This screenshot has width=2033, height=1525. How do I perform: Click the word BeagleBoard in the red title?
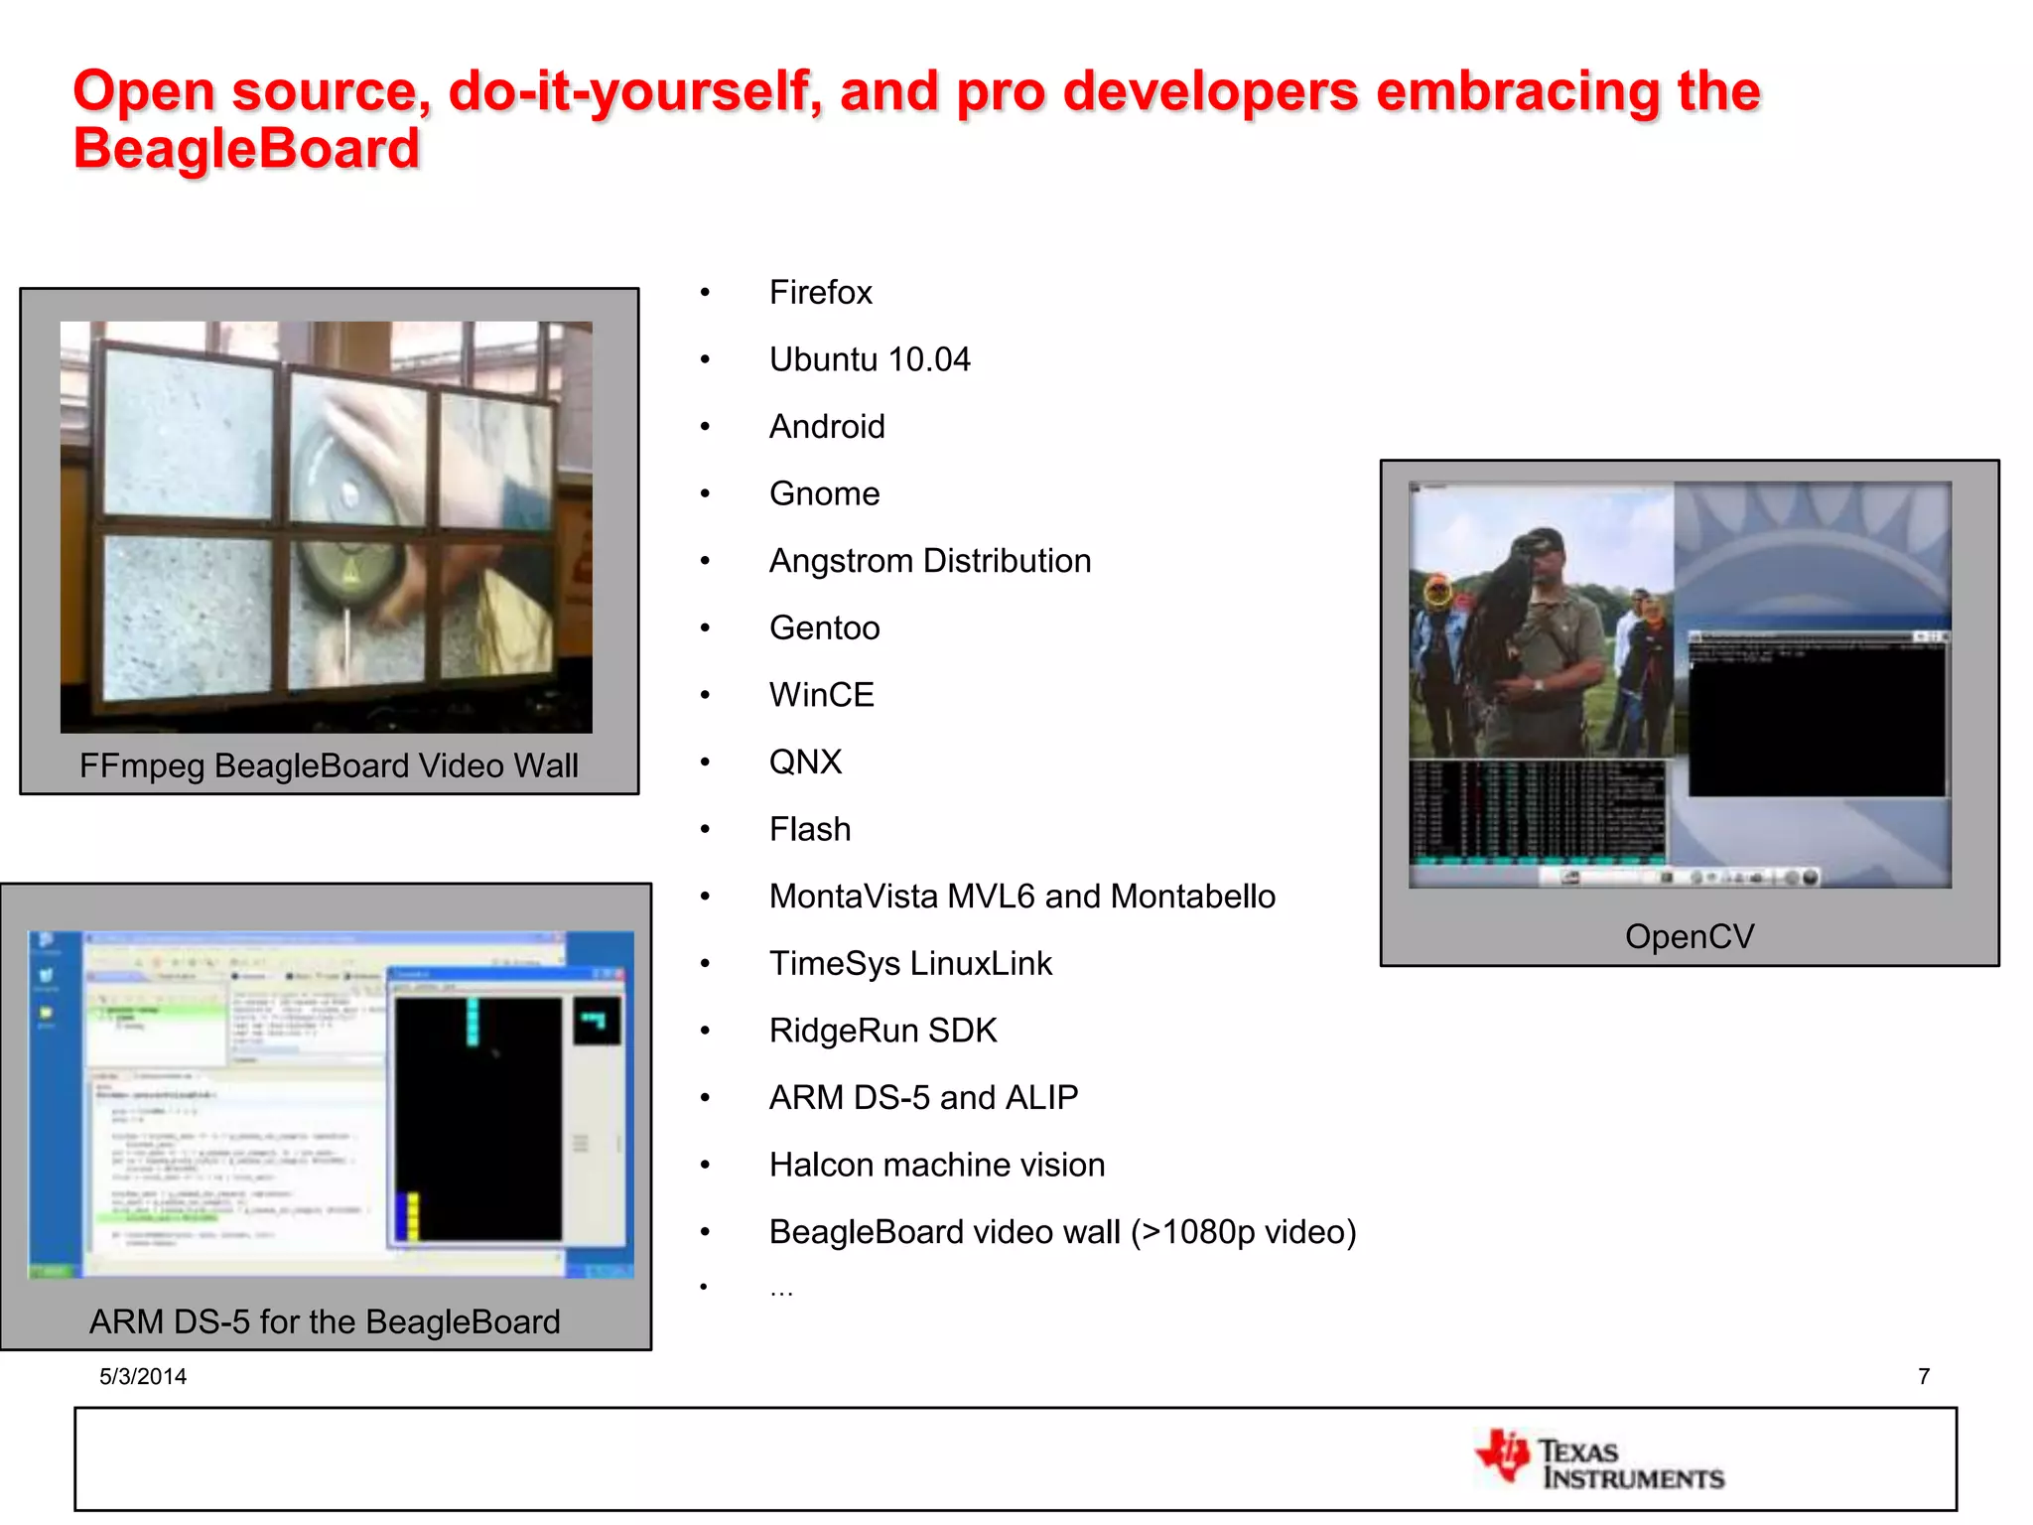click(x=246, y=149)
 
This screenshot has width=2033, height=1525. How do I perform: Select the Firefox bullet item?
click(x=820, y=293)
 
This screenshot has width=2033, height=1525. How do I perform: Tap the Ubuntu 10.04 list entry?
click(x=870, y=359)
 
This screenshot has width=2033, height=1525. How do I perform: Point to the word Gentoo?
click(x=824, y=628)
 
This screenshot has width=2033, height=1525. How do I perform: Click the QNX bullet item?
click(x=805, y=762)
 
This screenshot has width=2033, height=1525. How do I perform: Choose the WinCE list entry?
click(x=821, y=695)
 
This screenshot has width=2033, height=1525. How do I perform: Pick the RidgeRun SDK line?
click(x=882, y=1031)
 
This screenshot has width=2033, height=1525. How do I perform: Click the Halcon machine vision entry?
click(x=936, y=1165)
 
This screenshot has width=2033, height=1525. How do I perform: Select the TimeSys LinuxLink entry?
click(x=910, y=964)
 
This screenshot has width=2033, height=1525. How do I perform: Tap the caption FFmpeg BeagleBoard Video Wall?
click(x=329, y=766)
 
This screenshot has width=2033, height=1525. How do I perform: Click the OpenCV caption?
click(x=1690, y=936)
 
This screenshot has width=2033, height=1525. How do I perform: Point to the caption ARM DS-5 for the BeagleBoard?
click(x=325, y=1322)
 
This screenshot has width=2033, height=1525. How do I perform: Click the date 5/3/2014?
click(x=143, y=1376)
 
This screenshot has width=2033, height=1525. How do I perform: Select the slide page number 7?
click(x=1924, y=1376)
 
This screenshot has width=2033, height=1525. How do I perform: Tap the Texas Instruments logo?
click(x=1600, y=1459)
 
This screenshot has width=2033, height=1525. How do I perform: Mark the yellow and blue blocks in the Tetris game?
click(x=407, y=1216)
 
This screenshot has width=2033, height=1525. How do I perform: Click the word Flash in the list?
click(x=810, y=830)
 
